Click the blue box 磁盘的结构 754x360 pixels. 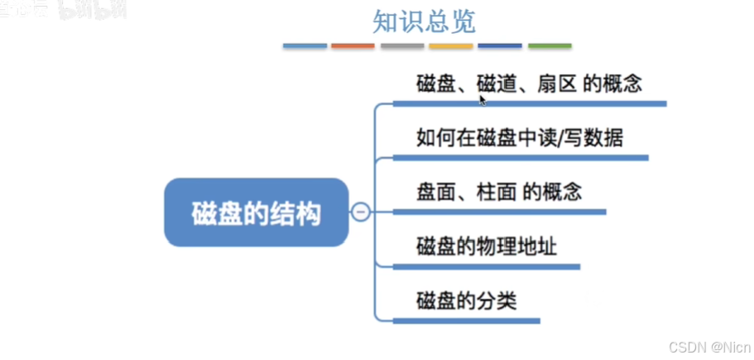coord(256,213)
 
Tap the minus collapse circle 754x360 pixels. coord(361,213)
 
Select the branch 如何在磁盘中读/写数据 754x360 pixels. coord(520,137)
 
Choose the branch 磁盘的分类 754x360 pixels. coord(467,300)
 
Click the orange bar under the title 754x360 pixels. coord(353,46)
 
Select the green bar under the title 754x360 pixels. coord(550,46)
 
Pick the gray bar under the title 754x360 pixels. coord(402,46)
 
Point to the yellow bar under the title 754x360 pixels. coord(451,46)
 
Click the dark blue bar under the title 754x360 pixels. coord(500,46)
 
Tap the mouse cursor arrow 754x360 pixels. coord(482,98)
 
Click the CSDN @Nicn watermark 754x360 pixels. coord(709,347)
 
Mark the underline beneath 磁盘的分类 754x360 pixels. coord(466,321)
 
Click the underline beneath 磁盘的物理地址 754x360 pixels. coord(486,267)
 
